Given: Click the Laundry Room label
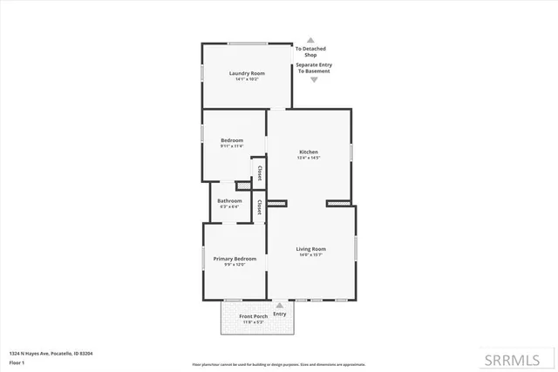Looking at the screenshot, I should coord(247,73).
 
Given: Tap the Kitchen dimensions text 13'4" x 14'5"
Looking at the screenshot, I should coord(309,159).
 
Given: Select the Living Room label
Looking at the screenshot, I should coord(311,248).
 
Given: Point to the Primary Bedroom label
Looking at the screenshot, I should coord(235,259).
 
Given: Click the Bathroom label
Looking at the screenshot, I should coord(229,201).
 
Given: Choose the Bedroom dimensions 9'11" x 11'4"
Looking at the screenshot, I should coord(231,146).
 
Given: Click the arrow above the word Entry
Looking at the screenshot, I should coord(279,305).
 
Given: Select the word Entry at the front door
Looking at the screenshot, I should coord(279,314).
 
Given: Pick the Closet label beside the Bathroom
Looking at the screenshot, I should coord(259,206).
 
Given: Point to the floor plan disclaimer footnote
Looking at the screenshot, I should coord(279,364).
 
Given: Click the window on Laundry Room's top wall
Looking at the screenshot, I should coord(248,44).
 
